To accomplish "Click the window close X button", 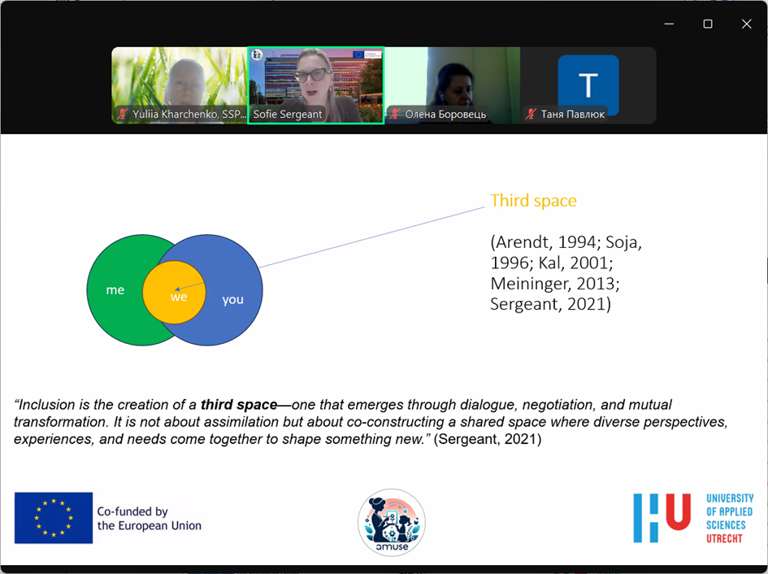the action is pyautogui.click(x=746, y=24).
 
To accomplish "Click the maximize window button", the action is pyautogui.click(x=708, y=24).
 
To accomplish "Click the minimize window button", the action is pyautogui.click(x=669, y=24).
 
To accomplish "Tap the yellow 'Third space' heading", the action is pyautogui.click(x=533, y=201).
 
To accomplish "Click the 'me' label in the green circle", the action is pyautogui.click(x=115, y=289).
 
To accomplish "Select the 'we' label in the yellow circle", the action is pyautogui.click(x=179, y=297).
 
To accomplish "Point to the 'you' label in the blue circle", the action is pyautogui.click(x=232, y=299).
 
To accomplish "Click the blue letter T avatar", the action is pyautogui.click(x=588, y=85).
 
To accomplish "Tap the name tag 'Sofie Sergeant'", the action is pyautogui.click(x=288, y=114).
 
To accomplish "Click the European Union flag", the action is pyautogui.click(x=54, y=518).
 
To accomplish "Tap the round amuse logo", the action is pyautogui.click(x=392, y=523).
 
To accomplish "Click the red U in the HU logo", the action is pyautogui.click(x=679, y=511).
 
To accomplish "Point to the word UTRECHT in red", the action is pyautogui.click(x=724, y=539).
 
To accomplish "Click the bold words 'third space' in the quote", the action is pyautogui.click(x=239, y=405).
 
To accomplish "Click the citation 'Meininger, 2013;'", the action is pyautogui.click(x=555, y=284).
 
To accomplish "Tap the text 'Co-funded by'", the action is pyautogui.click(x=132, y=511).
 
